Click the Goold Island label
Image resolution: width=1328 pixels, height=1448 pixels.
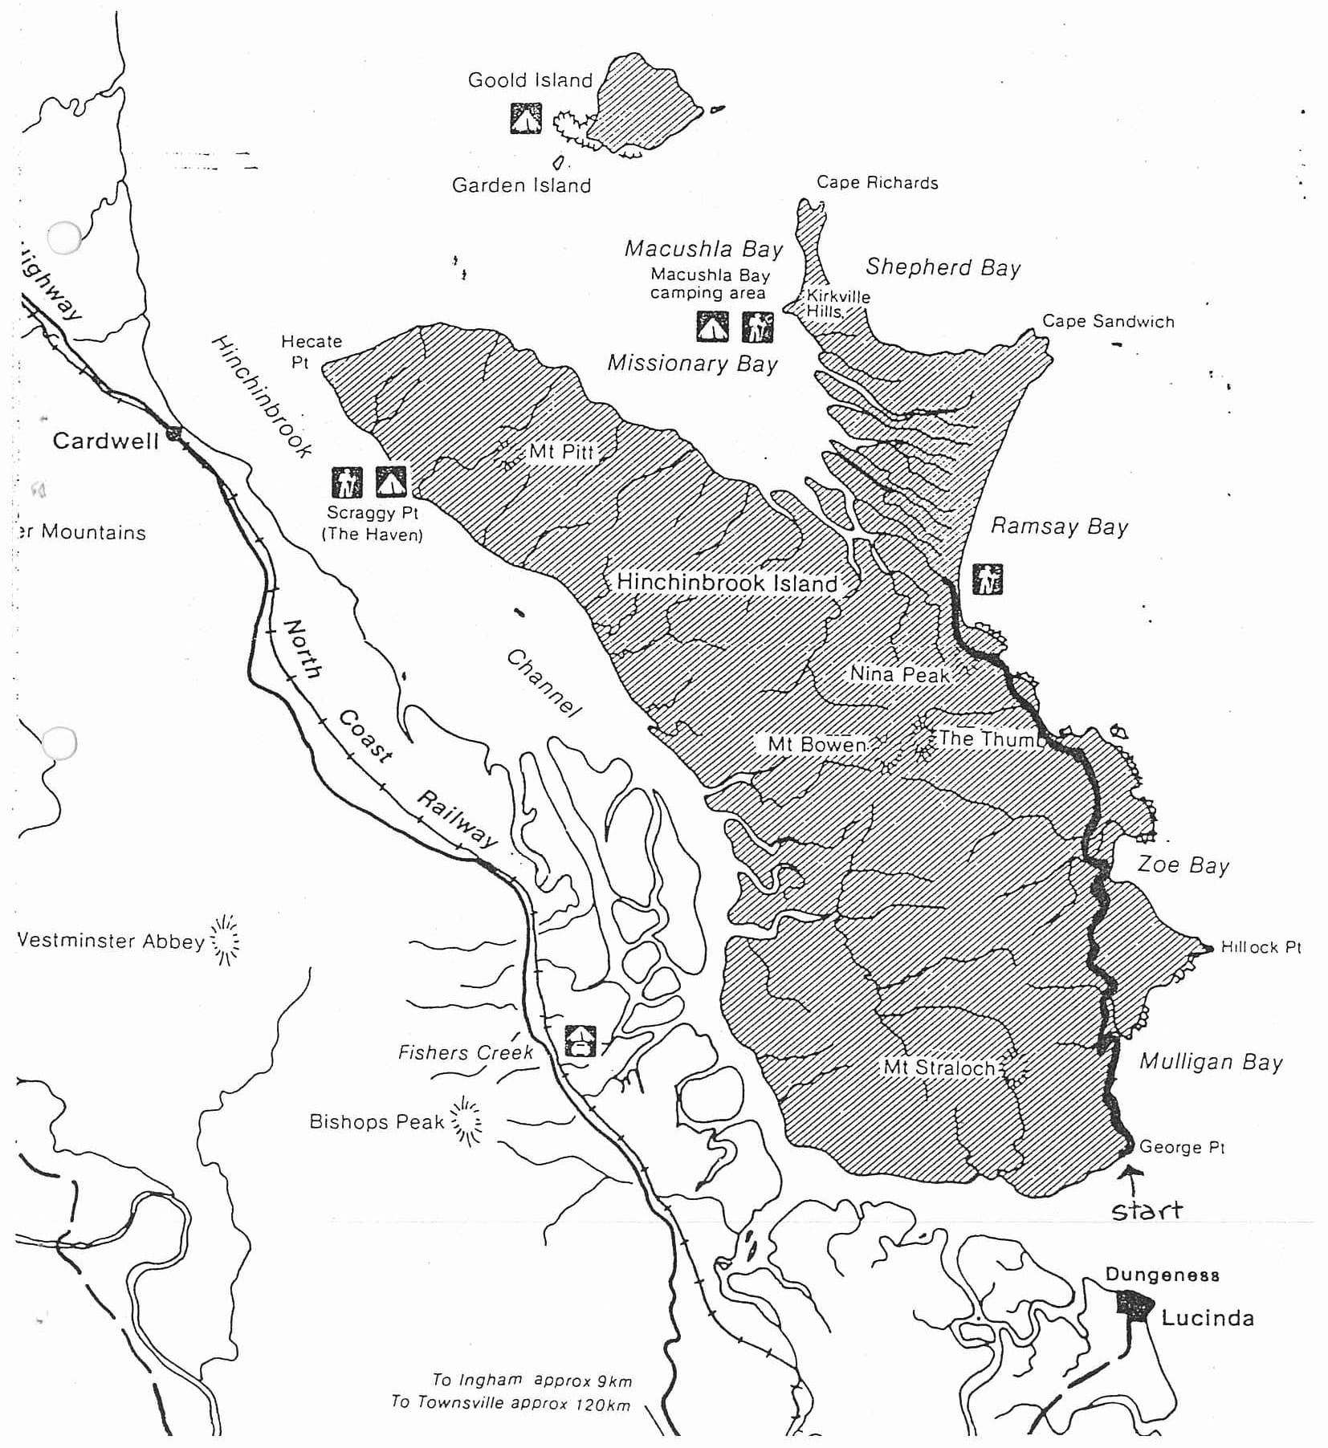(x=530, y=80)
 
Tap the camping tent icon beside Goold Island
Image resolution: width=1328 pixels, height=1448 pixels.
(x=526, y=119)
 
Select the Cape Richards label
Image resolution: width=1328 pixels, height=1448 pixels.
(x=877, y=183)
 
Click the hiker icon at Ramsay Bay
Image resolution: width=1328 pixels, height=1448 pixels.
(x=987, y=579)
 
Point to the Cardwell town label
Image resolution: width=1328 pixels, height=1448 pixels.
(x=105, y=441)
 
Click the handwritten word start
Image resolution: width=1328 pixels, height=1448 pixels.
(x=1147, y=1210)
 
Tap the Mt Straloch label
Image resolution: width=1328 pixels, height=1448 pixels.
(x=939, y=1068)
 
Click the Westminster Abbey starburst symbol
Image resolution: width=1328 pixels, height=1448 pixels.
(x=225, y=940)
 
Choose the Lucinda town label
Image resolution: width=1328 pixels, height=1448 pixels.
(x=1207, y=1318)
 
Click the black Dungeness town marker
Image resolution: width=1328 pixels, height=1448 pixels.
(x=1135, y=1305)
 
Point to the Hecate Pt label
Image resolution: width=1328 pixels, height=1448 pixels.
(x=311, y=351)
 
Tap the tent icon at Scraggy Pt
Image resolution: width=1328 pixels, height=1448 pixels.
(x=391, y=482)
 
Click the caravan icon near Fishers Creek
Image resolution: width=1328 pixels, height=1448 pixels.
(x=580, y=1040)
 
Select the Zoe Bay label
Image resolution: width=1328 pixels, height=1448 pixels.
(x=1183, y=865)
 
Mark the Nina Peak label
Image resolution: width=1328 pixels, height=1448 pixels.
(x=899, y=674)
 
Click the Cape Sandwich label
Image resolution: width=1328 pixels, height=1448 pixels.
(x=1108, y=322)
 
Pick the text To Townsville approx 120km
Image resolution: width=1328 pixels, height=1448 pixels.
(x=511, y=1402)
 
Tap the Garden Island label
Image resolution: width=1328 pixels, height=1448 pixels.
(x=521, y=185)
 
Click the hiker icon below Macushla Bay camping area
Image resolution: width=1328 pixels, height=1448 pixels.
(x=757, y=327)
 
